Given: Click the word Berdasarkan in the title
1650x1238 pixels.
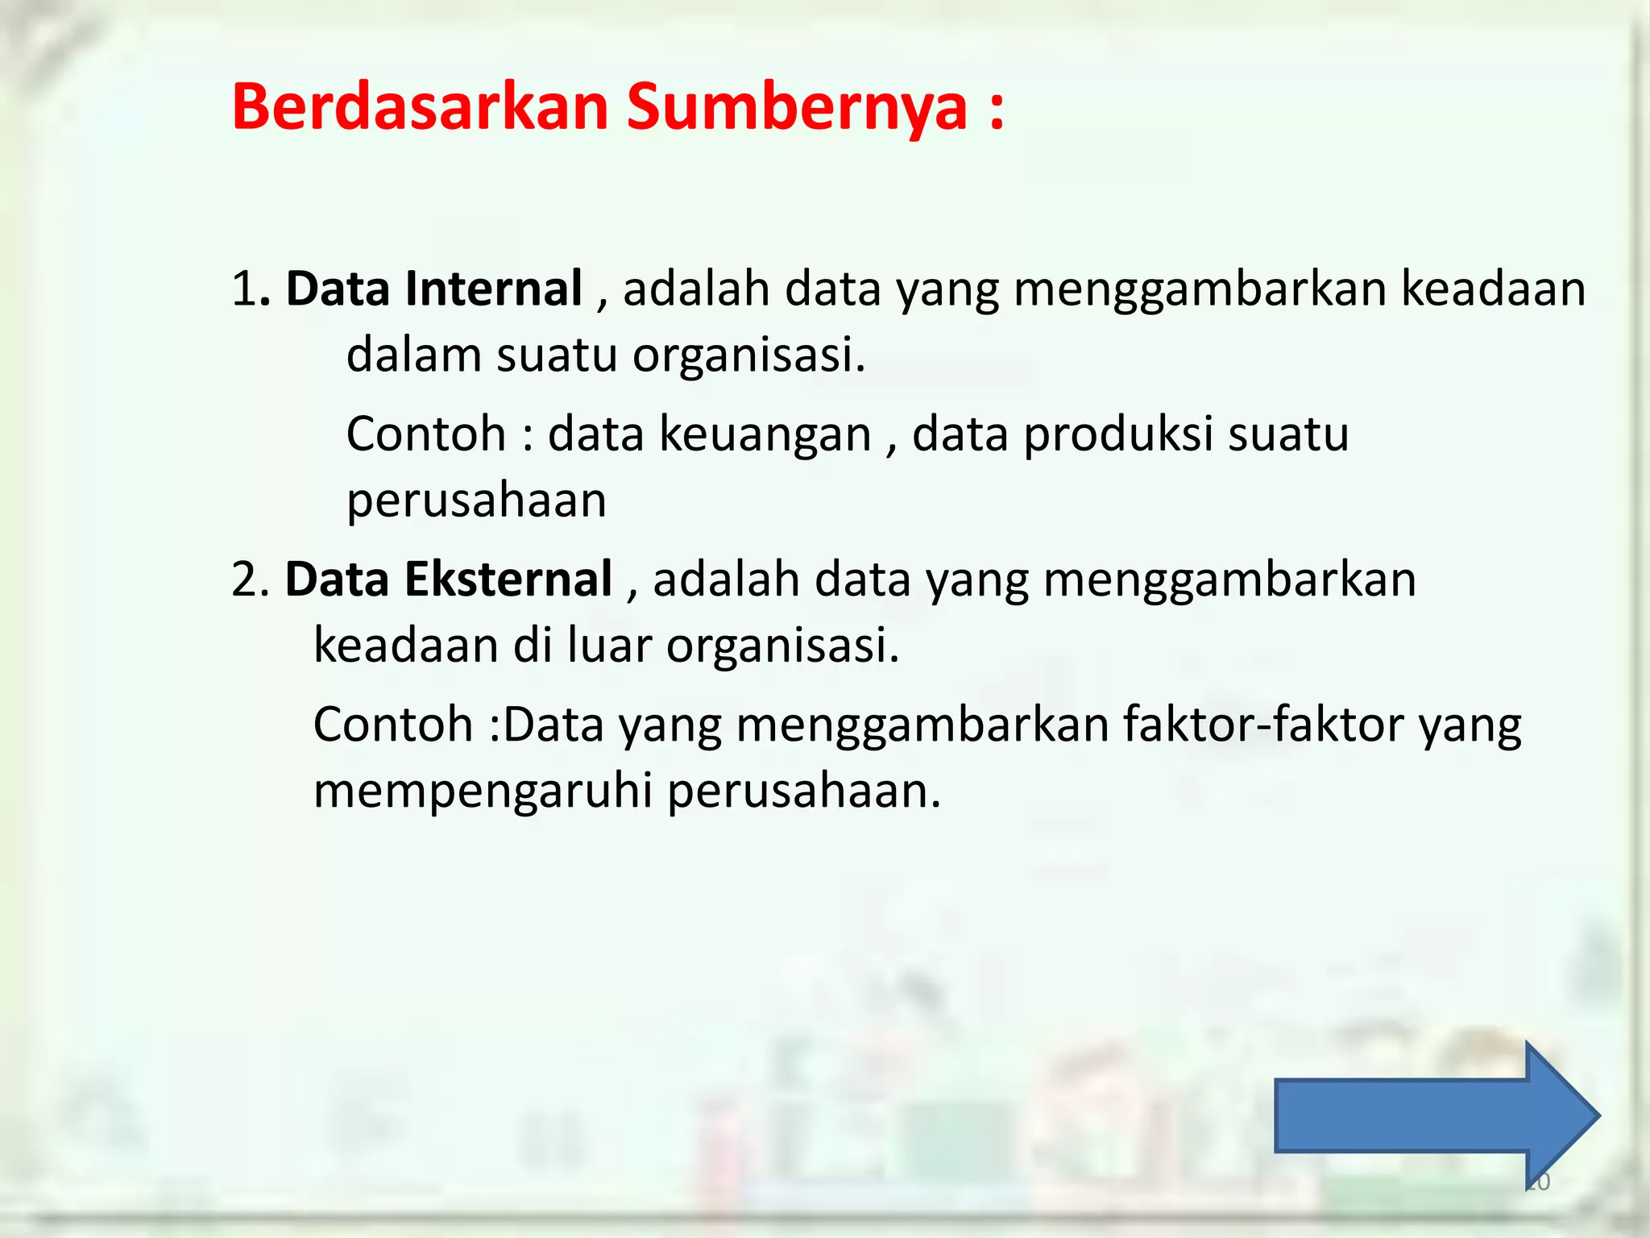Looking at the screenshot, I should (x=420, y=106).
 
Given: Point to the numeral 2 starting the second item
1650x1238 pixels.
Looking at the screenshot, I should (x=243, y=580).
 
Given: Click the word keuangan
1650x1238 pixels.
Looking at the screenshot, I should (x=765, y=434).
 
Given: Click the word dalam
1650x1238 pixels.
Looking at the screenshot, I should (x=413, y=355).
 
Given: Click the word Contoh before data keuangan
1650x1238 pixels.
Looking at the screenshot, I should (x=425, y=434).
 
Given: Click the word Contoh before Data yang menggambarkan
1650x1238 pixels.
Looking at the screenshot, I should (x=392, y=725).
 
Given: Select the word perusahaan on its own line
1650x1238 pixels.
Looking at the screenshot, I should (x=476, y=501).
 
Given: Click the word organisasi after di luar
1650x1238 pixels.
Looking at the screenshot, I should (x=781, y=646).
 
